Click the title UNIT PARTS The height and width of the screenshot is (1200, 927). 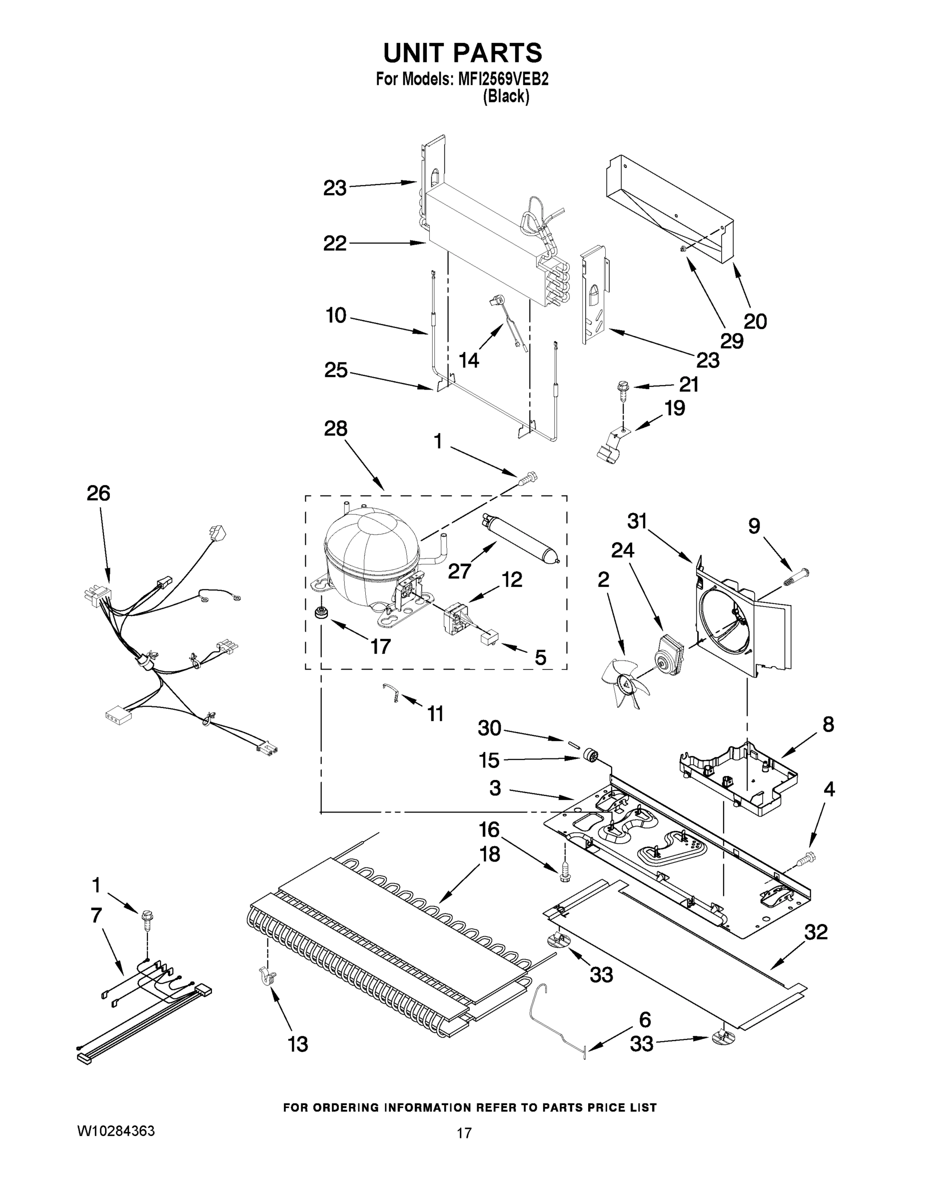click(462, 53)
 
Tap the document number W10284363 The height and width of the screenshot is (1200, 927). click(115, 1131)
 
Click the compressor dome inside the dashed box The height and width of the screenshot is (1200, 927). click(371, 555)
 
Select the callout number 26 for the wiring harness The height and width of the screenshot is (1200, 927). click(98, 493)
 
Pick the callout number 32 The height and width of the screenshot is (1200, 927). click(816, 932)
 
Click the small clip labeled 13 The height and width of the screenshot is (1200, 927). click(267, 976)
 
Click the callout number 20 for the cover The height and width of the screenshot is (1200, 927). click(755, 321)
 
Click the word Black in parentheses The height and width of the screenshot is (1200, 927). click(506, 97)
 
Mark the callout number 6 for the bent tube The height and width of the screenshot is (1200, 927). click(645, 1020)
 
